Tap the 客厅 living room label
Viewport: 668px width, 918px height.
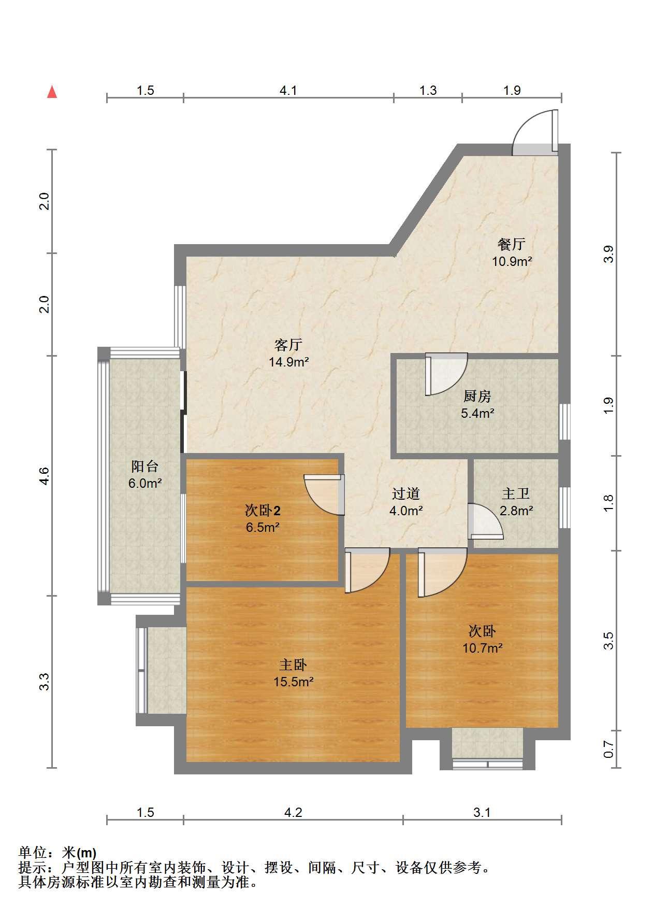(x=288, y=345)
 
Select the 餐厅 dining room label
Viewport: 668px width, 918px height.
(x=512, y=244)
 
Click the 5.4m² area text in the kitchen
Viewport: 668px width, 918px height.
(x=477, y=414)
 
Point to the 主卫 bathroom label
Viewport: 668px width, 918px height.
(x=516, y=493)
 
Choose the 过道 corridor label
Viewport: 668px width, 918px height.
(x=405, y=493)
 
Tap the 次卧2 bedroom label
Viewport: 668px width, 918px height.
(x=263, y=511)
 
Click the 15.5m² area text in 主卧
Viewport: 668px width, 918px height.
(x=294, y=682)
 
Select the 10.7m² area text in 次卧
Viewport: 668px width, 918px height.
(x=483, y=648)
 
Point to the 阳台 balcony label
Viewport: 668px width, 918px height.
(x=145, y=467)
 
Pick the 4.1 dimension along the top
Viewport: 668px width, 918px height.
(x=288, y=91)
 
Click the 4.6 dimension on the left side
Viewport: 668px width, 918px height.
(x=45, y=476)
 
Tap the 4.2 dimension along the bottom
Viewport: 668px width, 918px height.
(x=293, y=812)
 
